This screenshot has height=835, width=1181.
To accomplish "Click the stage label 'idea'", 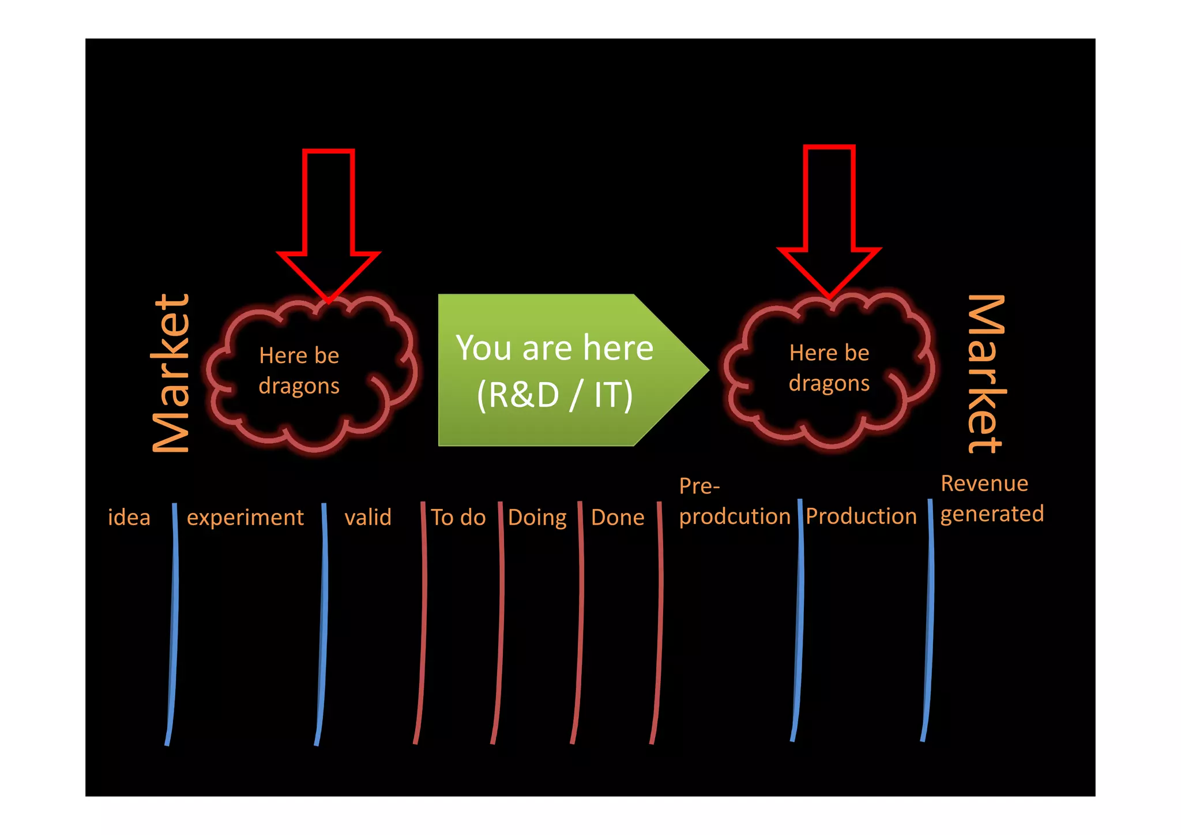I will click(x=129, y=517).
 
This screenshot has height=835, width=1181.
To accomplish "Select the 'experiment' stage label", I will click(x=245, y=518).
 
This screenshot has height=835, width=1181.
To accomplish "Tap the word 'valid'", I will click(x=368, y=517).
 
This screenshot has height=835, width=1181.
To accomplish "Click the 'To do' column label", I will click(x=458, y=517).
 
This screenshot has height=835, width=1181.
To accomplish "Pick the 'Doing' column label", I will click(x=537, y=518).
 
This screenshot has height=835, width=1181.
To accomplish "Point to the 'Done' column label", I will click(x=618, y=517).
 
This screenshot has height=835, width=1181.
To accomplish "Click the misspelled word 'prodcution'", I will click(x=735, y=516).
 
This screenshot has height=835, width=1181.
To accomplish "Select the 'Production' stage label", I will click(x=861, y=516).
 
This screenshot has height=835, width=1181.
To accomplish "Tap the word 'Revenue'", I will click(x=984, y=484).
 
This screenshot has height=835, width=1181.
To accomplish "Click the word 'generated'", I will click(x=992, y=514).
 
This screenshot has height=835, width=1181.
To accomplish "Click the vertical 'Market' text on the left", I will click(x=171, y=373).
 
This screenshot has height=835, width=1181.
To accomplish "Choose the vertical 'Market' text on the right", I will click(x=987, y=373).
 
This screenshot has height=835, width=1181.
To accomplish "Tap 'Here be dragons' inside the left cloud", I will click(x=299, y=370).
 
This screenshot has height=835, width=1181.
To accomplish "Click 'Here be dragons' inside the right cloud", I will click(x=829, y=368).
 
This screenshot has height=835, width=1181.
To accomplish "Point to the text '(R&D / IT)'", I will click(x=555, y=395).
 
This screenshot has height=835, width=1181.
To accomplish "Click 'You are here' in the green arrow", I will click(x=555, y=348).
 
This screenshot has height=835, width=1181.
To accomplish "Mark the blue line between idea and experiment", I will click(x=174, y=623).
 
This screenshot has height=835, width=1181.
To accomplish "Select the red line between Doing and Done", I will click(x=580, y=623).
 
